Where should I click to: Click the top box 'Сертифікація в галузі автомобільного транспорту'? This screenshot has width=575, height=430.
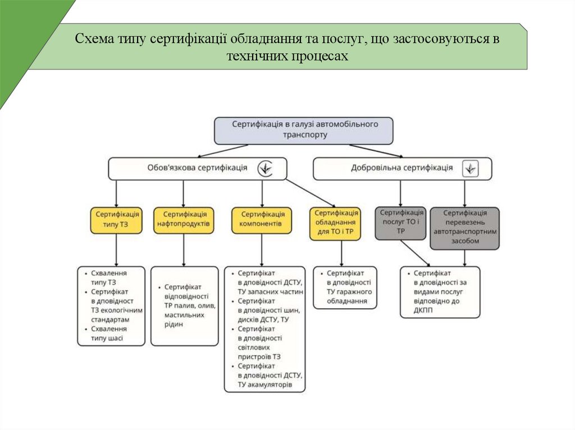pyautogui.click(x=304, y=130)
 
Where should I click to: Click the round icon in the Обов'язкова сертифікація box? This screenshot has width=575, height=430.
pyautogui.click(x=266, y=168)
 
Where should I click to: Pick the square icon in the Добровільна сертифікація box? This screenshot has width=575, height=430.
pyautogui.click(x=470, y=168)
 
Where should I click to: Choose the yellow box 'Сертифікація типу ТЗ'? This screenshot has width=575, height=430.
pyautogui.click(x=116, y=220)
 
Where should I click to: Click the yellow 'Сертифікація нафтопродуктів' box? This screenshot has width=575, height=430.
pyautogui.click(x=183, y=220)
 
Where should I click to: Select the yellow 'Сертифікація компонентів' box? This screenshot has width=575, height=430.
pyautogui.click(x=262, y=220)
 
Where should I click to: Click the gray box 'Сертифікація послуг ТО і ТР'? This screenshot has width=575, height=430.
pyautogui.click(x=401, y=222)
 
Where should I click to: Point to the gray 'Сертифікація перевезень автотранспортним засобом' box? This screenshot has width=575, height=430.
pyautogui.click(x=464, y=228)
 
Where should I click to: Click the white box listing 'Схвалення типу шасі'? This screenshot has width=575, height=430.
pyautogui.click(x=111, y=306)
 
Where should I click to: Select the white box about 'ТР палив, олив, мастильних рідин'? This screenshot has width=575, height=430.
pyautogui.click(x=184, y=306)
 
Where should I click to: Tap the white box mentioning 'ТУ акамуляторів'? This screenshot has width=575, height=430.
pyautogui.click(x=264, y=329)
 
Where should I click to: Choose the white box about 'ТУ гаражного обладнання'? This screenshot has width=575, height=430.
pyautogui.click(x=344, y=288)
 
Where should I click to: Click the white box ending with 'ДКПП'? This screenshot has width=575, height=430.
pyautogui.click(x=440, y=292)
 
